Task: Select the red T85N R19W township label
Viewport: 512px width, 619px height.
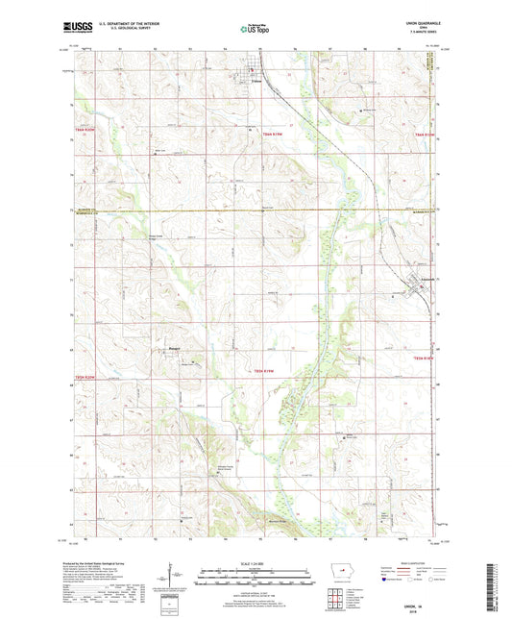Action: (x=270, y=370)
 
